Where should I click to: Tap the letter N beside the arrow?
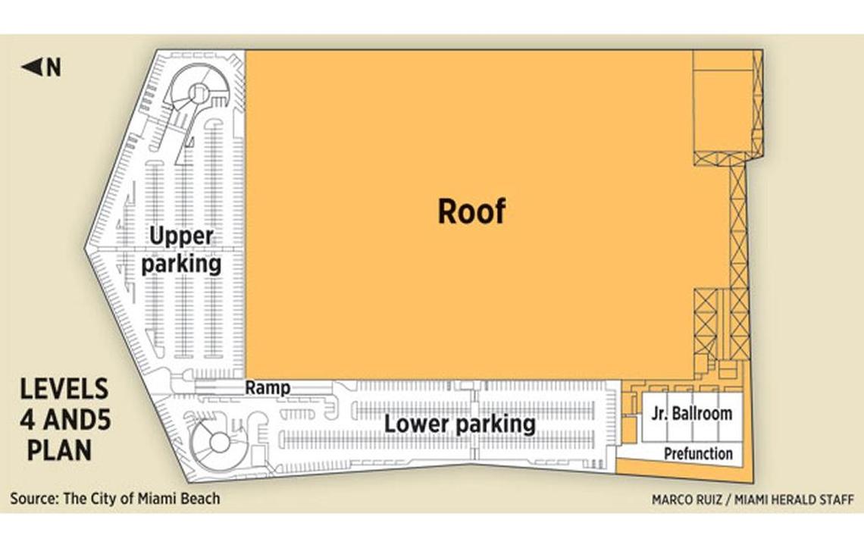click(x=54, y=67)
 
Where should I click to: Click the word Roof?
click(x=471, y=211)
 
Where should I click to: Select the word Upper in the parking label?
click(x=181, y=236)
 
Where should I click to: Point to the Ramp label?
click(x=268, y=387)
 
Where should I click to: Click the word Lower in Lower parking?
click(x=417, y=424)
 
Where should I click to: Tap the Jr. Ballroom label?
click(x=692, y=414)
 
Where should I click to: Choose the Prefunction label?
click(x=698, y=454)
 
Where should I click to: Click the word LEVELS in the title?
click(x=64, y=390)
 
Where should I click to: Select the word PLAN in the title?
click(x=60, y=450)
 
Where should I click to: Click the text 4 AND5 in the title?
click(x=66, y=420)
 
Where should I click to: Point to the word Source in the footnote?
click(x=33, y=499)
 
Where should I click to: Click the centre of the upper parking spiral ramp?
click(x=197, y=92)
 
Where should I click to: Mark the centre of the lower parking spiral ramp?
click(x=219, y=443)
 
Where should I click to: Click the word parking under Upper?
click(x=181, y=264)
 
